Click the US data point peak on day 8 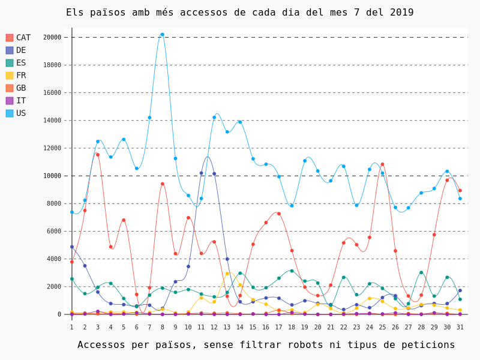(162, 35)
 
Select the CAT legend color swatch (10, 38)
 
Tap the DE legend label (21, 50)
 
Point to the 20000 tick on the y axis (52, 37)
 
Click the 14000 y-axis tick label (52, 121)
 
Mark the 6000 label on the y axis (53, 231)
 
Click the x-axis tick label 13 (227, 327)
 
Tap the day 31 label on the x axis (460, 327)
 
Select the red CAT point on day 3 (98, 155)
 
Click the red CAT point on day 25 (382, 164)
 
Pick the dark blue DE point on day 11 (201, 173)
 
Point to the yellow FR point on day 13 (227, 274)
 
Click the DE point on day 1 (72, 247)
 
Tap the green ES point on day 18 (292, 271)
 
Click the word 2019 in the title (401, 13)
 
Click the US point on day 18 (292, 206)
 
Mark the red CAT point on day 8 (163, 184)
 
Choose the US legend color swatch (10, 113)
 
